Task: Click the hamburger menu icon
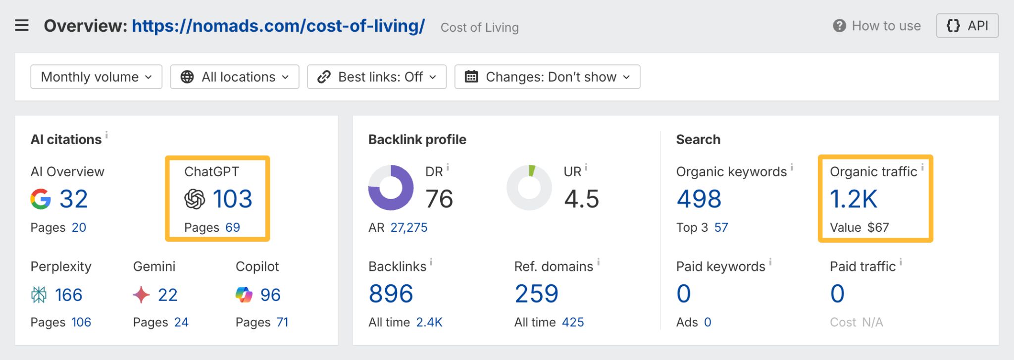click(x=22, y=25)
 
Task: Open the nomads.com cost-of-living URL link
click(x=278, y=26)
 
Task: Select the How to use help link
click(x=877, y=26)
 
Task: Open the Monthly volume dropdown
click(x=96, y=77)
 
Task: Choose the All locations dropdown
click(x=235, y=77)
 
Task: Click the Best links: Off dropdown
click(x=377, y=77)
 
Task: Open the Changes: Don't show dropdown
click(x=547, y=77)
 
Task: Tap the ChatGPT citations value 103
click(x=232, y=199)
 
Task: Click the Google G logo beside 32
click(x=41, y=199)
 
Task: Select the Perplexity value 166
click(x=68, y=295)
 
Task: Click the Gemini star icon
click(x=141, y=295)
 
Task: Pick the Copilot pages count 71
click(x=282, y=322)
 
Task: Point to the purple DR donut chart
click(x=391, y=188)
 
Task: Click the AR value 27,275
click(x=408, y=227)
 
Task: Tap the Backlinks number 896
click(x=391, y=294)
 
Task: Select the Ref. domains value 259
click(x=536, y=294)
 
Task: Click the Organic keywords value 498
click(x=699, y=199)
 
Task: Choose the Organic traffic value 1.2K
click(x=853, y=199)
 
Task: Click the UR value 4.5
click(x=581, y=199)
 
